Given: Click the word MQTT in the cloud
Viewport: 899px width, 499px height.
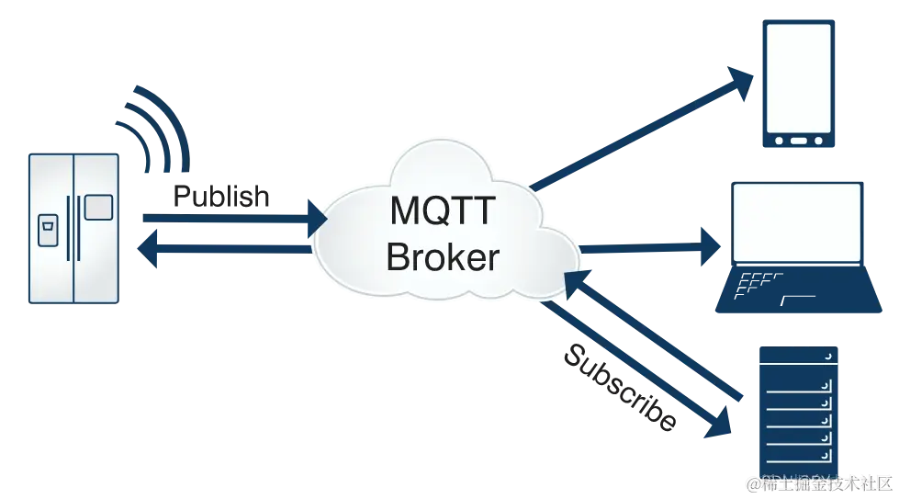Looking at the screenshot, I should (x=443, y=212).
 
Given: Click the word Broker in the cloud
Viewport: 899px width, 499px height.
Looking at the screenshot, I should (x=443, y=256).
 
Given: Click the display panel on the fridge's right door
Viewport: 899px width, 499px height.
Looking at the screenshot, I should (x=98, y=207).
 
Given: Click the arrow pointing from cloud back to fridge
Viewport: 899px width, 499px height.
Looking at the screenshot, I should (x=230, y=250).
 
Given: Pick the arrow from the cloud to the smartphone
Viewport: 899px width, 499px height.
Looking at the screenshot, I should (x=643, y=129).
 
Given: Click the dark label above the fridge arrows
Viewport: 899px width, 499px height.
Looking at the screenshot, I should (x=220, y=196).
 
